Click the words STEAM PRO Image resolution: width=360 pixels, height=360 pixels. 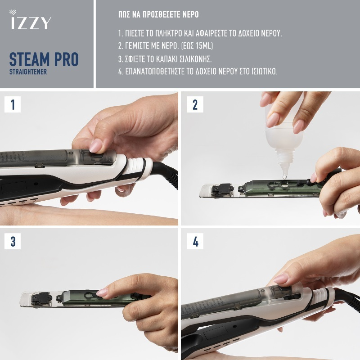point(44,59)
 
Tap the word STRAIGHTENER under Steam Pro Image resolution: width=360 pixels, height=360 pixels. point(28,72)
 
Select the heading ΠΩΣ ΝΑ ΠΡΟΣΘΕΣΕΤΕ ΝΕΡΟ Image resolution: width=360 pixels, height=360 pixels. point(158,14)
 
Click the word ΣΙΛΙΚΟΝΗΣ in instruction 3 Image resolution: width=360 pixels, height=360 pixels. point(197,59)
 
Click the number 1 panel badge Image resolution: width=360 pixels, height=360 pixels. point(13,104)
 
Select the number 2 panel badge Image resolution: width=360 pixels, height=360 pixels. point(195,104)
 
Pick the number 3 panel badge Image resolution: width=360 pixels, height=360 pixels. point(13,241)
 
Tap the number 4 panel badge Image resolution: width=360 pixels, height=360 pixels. point(195,241)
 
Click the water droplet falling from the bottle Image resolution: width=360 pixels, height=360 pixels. point(285,176)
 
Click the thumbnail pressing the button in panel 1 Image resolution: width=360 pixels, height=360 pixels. point(96,145)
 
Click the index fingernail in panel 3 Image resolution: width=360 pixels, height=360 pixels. point(102,292)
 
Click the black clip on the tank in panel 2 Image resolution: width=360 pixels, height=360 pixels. point(222,189)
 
